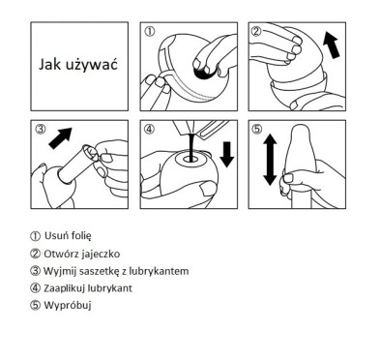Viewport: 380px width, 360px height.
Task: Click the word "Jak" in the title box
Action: (x=50, y=66)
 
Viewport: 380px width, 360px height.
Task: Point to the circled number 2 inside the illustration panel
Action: (x=256, y=32)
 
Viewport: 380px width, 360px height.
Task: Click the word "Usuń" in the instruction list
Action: (x=55, y=235)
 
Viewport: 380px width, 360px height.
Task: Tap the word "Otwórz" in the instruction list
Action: (x=61, y=253)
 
